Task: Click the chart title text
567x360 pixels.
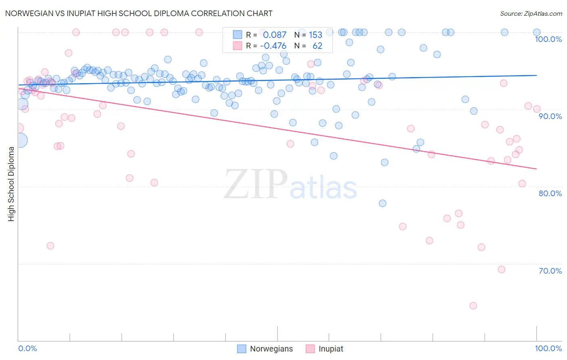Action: click(139, 14)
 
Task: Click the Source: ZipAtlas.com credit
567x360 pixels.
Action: click(531, 14)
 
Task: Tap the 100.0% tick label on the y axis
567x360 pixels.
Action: click(548, 39)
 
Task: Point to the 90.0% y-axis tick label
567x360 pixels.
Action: click(550, 116)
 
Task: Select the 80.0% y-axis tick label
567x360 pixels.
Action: click(550, 193)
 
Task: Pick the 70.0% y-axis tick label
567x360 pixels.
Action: click(550, 271)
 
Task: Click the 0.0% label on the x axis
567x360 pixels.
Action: click(27, 348)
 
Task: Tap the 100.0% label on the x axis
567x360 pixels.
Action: click(548, 348)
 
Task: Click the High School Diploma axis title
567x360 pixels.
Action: click(11, 184)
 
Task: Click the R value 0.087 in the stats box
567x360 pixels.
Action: click(275, 35)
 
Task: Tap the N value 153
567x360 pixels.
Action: click(315, 35)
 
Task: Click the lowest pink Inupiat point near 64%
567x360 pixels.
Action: click(473, 306)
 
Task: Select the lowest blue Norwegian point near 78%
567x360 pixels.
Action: click(383, 203)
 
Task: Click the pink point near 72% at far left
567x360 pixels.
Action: click(50, 245)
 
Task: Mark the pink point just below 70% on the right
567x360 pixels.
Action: click(502, 269)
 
